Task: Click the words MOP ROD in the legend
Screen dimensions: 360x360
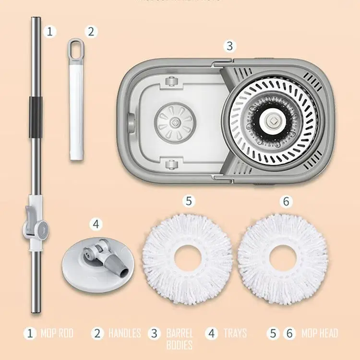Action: [57, 333]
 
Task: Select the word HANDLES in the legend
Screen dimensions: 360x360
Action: [124, 333]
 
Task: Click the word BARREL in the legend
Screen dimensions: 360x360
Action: [180, 333]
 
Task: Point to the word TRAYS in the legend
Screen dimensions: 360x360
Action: [235, 333]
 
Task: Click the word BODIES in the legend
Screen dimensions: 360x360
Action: [180, 345]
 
